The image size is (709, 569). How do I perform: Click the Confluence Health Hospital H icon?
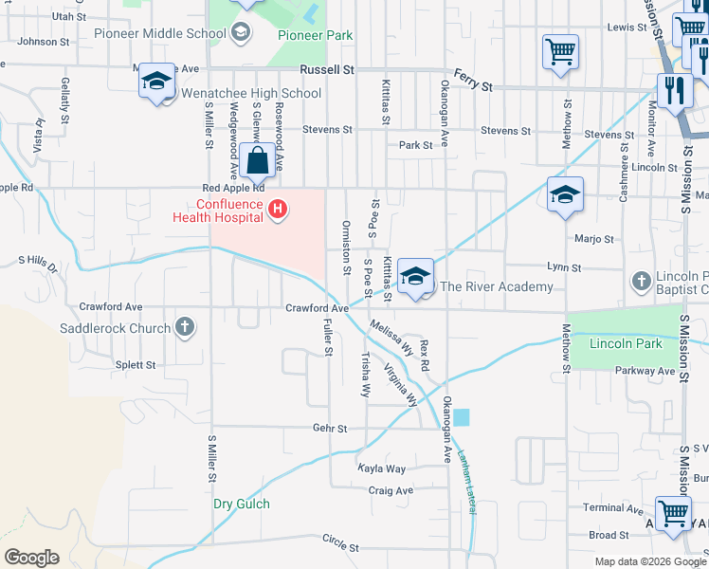[x=278, y=208]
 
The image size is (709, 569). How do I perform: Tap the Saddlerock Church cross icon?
[x=185, y=328]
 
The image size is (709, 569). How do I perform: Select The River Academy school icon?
[x=415, y=276]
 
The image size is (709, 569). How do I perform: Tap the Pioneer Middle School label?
[x=160, y=34]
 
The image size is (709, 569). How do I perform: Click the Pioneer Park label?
[x=315, y=35]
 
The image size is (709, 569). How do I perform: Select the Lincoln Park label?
[x=625, y=343]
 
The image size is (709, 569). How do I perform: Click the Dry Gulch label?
[x=241, y=505]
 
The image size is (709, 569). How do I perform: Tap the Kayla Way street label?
[x=381, y=468]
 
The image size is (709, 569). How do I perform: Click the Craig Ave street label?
[x=391, y=490]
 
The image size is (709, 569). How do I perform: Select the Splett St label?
[x=136, y=365]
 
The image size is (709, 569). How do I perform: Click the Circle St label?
[x=340, y=548]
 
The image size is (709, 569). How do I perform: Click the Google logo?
[x=31, y=558]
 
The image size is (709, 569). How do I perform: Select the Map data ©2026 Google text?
[x=649, y=561]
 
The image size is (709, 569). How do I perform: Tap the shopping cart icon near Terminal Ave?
[x=673, y=514]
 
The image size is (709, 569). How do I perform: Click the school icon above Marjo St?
[x=565, y=195]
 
